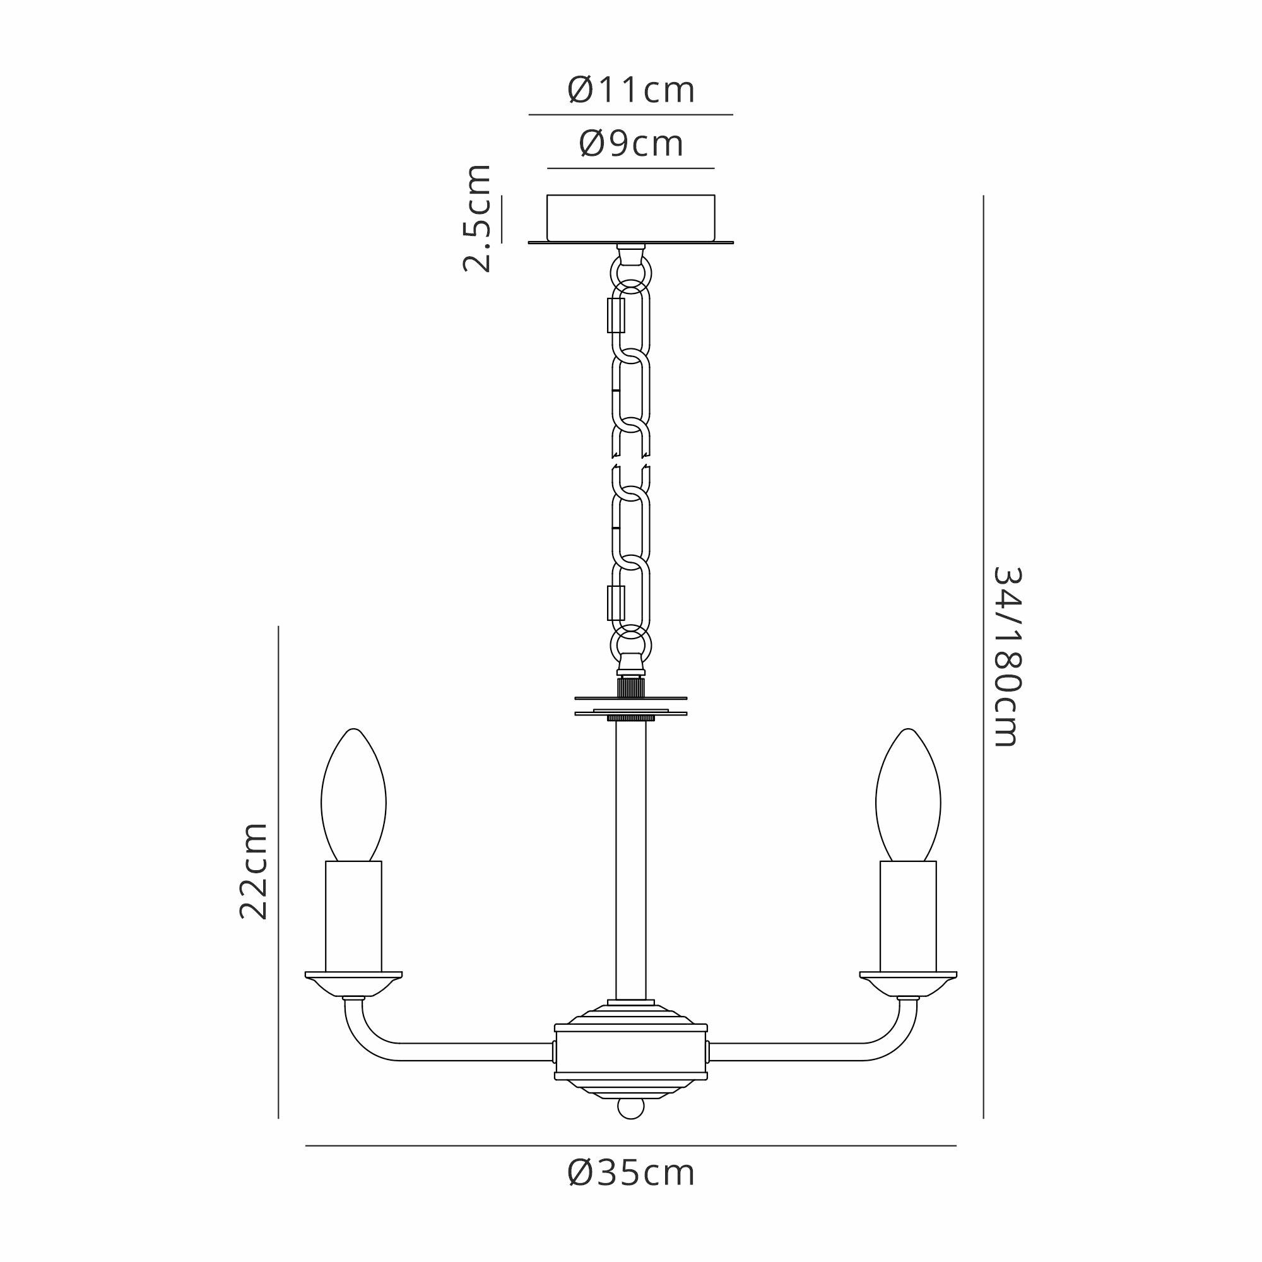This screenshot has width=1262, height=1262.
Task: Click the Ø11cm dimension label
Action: pos(631,90)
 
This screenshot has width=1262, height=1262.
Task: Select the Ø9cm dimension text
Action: pos(631,144)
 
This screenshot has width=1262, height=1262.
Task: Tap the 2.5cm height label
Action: pos(476,218)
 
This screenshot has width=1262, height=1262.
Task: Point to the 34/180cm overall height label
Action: pos(1006,656)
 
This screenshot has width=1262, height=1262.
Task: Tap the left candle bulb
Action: pos(353,795)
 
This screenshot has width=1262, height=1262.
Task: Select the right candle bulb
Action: pos(908,795)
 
